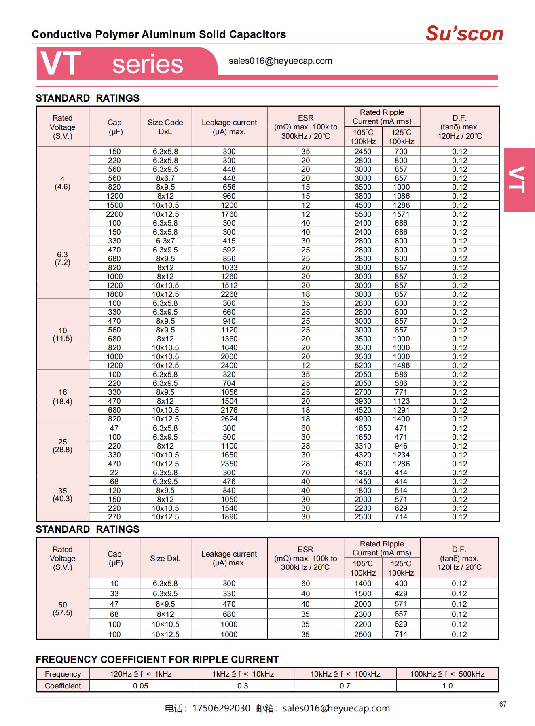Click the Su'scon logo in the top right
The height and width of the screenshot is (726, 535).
pyautogui.click(x=464, y=34)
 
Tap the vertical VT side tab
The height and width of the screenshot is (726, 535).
pyautogui.click(x=519, y=180)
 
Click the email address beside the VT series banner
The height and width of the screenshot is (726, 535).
pyautogui.click(x=280, y=61)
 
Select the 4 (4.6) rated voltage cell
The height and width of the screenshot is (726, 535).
pyautogui.click(x=62, y=183)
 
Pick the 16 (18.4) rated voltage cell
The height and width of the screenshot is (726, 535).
pyautogui.click(x=62, y=397)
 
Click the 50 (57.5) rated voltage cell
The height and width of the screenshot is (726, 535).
pyautogui.click(x=62, y=609)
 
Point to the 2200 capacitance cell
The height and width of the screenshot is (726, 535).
pyautogui.click(x=114, y=214)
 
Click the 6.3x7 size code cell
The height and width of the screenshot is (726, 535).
pyautogui.click(x=165, y=241)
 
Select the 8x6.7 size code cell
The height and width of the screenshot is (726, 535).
pyautogui.click(x=165, y=178)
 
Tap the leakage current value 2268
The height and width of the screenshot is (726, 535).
pyautogui.click(x=229, y=294)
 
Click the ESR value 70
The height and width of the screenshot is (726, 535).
pyautogui.click(x=305, y=473)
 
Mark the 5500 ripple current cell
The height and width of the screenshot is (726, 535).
pyautogui.click(x=363, y=214)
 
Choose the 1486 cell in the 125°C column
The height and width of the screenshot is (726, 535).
pyautogui.click(x=401, y=366)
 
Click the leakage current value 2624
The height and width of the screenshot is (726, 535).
pyautogui.click(x=229, y=419)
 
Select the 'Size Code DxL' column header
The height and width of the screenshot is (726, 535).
pyautogui.click(x=165, y=127)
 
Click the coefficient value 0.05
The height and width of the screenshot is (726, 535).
pyautogui.click(x=140, y=686)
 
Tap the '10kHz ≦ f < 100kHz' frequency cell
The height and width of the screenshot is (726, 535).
pyautogui.click(x=345, y=674)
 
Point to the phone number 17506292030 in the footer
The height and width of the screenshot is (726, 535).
pyautogui.click(x=221, y=708)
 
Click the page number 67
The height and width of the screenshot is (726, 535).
pyautogui.click(x=503, y=704)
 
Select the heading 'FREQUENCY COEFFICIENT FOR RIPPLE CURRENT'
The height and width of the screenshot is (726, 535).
pyautogui.click(x=157, y=660)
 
